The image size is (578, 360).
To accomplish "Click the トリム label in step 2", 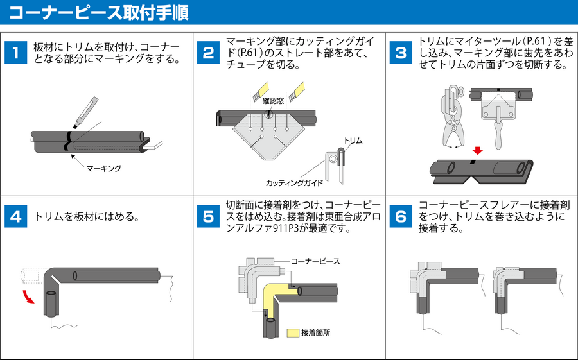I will [353, 140].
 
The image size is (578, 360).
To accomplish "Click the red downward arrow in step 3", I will [477, 151].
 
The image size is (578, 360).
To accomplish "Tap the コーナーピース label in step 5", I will [315, 261].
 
